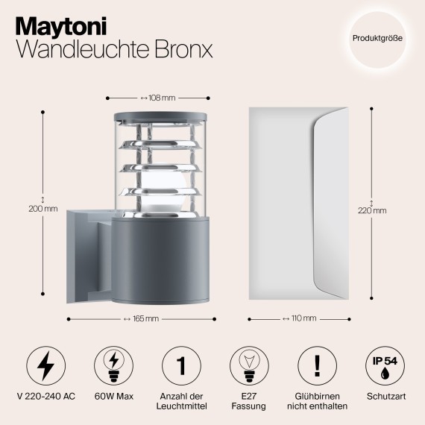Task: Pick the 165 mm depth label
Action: tap(140, 319)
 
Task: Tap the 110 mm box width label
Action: tap(298, 319)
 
